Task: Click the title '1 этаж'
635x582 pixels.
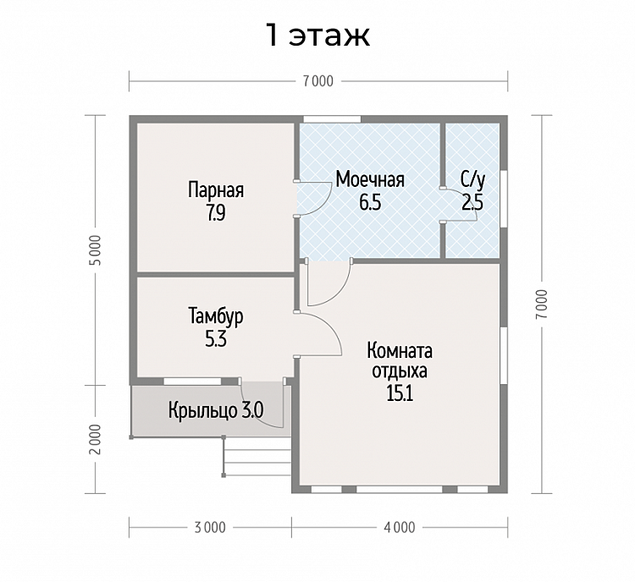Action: coord(317,36)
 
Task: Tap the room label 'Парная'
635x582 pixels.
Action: coord(216,189)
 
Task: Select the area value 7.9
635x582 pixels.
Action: coord(216,213)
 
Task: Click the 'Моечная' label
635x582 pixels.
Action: coord(370,179)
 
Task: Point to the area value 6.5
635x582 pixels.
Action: coord(370,202)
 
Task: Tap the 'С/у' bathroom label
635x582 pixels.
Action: coord(472,180)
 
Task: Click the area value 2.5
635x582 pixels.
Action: coord(472,202)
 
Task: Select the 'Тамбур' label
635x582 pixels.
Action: coord(216,316)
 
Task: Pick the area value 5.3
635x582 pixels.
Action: coord(216,339)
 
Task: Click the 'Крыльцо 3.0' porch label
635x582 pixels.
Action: coord(216,411)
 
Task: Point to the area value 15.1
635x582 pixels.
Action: coord(400,393)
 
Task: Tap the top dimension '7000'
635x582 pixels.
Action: coord(318,81)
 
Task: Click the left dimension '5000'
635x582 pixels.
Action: coord(96,250)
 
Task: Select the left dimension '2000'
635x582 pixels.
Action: coord(96,439)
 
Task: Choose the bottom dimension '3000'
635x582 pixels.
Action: coord(210,528)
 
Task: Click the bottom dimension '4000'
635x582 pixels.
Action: coord(400,528)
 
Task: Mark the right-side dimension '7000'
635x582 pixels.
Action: coord(542,304)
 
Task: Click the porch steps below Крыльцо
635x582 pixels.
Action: coord(257,456)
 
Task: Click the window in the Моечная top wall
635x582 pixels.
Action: coord(332,119)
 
